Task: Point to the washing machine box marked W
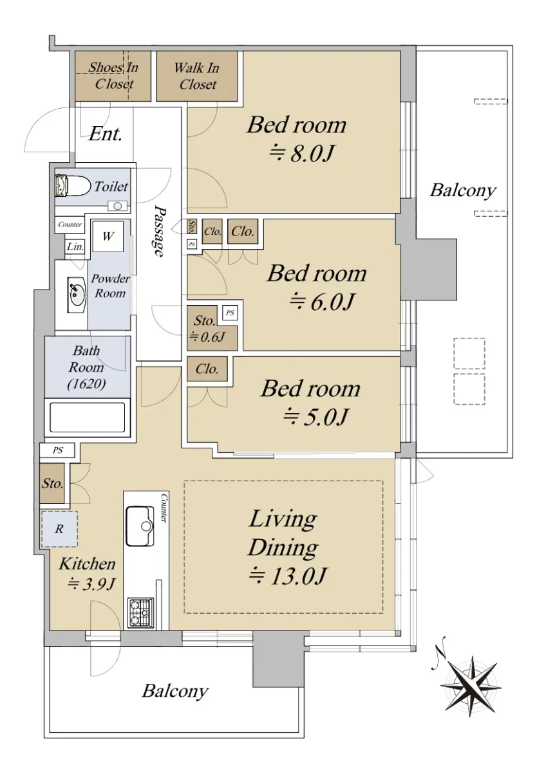coord(108,237)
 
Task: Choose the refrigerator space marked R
coord(59,529)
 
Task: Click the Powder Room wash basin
coord(75,295)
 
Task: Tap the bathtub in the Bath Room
coord(88,418)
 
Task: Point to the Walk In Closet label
coord(197,76)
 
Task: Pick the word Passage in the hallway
coord(159,231)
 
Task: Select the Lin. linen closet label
coord(75,247)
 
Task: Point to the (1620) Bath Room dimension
coord(86,383)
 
